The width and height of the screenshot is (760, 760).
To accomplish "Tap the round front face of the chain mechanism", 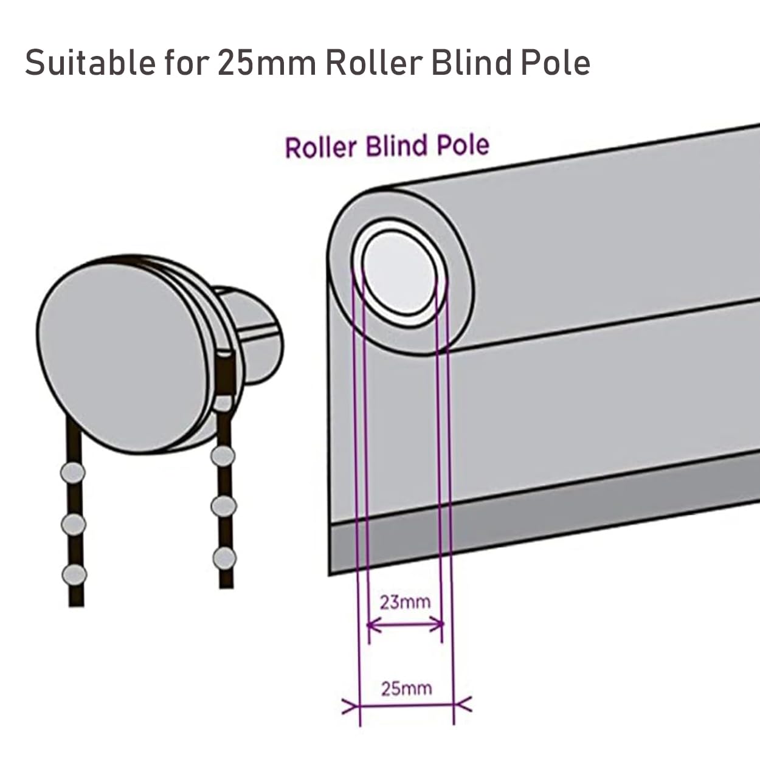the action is pyautogui.click(x=122, y=357).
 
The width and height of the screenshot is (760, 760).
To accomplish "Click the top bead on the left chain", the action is pyautogui.click(x=73, y=472).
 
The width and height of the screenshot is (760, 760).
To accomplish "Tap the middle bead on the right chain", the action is pyautogui.click(x=224, y=506).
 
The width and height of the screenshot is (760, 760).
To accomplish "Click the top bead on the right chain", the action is pyautogui.click(x=223, y=457).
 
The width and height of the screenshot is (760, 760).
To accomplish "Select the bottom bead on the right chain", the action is pyautogui.click(x=224, y=558).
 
